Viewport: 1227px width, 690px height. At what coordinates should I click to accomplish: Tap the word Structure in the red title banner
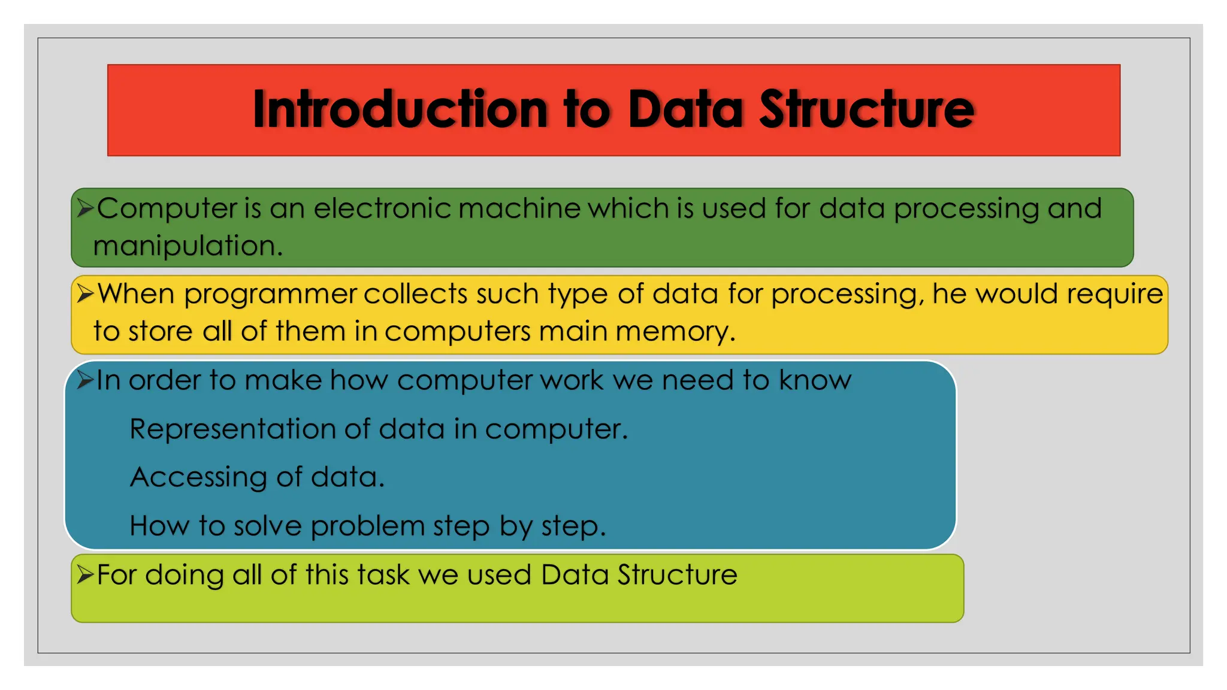click(867, 109)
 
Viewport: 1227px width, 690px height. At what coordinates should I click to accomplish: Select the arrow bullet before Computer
click(85, 208)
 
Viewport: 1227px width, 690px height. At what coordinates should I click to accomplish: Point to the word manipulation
click(188, 246)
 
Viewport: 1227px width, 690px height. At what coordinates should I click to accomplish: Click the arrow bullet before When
click(85, 294)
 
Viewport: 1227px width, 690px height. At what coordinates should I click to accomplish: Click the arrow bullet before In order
click(85, 380)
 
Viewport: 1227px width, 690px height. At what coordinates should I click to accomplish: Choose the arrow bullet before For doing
click(85, 575)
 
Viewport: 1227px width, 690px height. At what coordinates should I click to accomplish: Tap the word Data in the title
click(685, 109)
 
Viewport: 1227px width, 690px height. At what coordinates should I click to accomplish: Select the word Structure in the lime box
click(677, 575)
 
